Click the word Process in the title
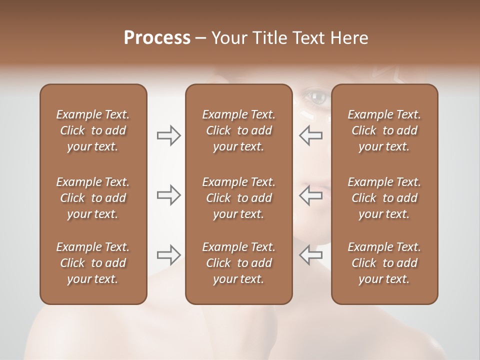[x=157, y=38]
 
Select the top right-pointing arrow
[x=168, y=135]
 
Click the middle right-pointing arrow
[x=168, y=195]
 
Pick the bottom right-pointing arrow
[x=168, y=255]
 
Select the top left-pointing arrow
[x=310, y=135]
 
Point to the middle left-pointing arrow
[x=310, y=195]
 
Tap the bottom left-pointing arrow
[x=310, y=255]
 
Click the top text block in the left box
[x=93, y=130]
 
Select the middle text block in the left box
[x=93, y=198]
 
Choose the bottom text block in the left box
[x=93, y=263]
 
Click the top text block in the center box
[x=238, y=130]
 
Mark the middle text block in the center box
[x=238, y=198]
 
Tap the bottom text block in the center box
[x=238, y=263]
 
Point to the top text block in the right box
[x=384, y=130]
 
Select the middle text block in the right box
[x=384, y=198]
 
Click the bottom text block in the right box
[x=384, y=263]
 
